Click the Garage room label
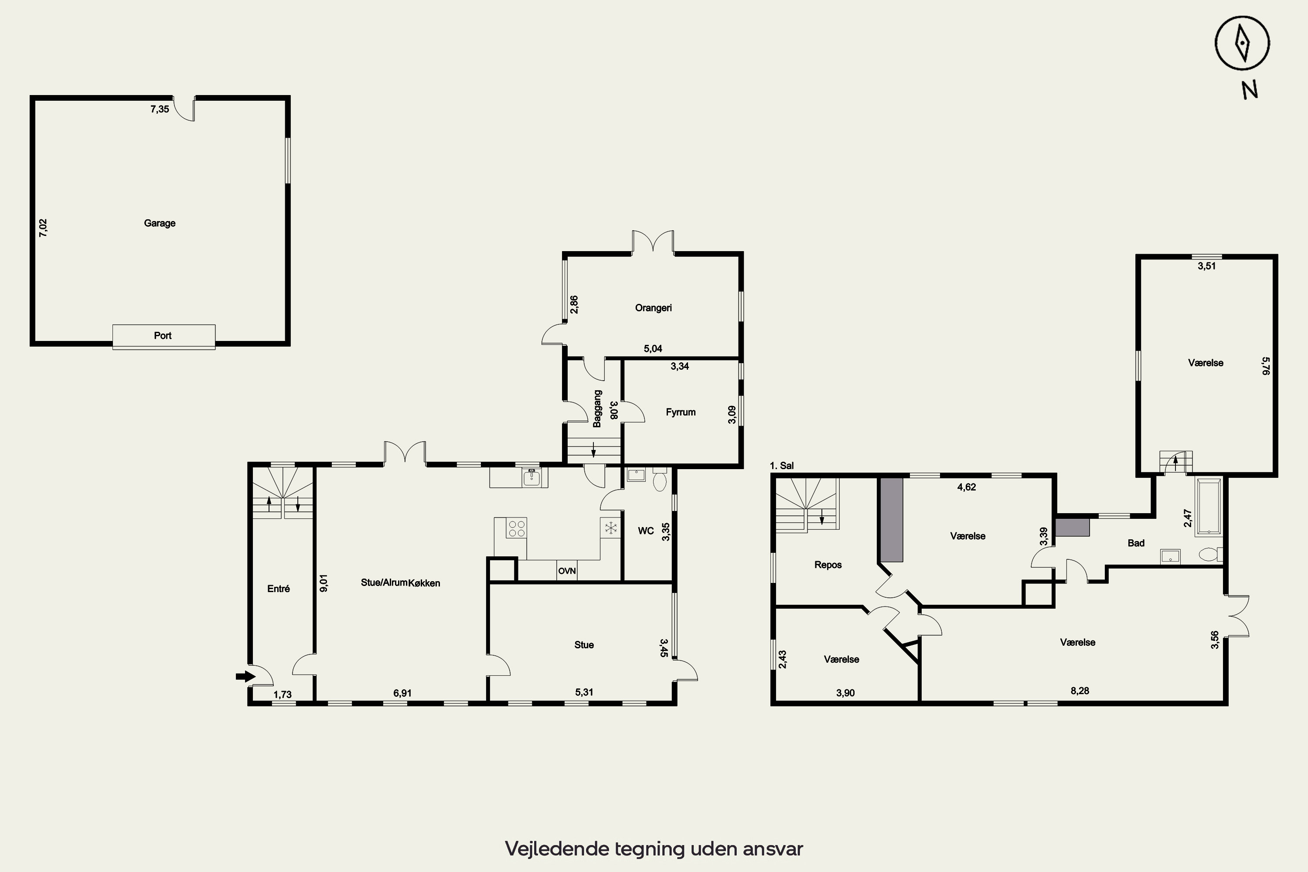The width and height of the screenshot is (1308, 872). coord(160,223)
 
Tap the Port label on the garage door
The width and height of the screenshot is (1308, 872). coord(163,335)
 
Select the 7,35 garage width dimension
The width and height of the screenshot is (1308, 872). coord(160,109)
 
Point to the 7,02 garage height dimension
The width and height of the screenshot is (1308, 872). coord(43,228)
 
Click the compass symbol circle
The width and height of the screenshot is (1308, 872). coord(1242,43)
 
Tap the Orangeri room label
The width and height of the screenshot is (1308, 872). coord(654,307)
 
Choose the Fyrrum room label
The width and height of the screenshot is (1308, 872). coord(681,412)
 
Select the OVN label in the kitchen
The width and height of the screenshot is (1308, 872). coord(567,571)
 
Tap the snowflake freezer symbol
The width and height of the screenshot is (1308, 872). coord(611,528)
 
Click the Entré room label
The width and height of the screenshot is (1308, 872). coord(279,588)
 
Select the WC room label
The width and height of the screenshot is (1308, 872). coord(646,531)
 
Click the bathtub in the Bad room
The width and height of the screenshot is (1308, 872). coord(1209,506)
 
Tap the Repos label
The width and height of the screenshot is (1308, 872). coord(828,565)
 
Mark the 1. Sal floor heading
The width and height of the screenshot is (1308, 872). coord(782,466)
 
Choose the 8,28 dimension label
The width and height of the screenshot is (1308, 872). coord(1080,691)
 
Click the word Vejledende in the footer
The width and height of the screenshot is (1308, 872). coord(557,848)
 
